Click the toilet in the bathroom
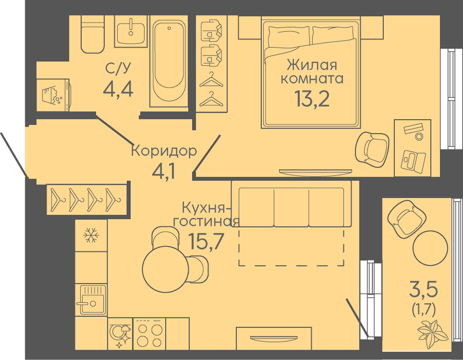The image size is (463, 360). click(92, 34)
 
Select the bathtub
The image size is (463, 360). click(169, 61)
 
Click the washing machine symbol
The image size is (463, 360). click(53, 95)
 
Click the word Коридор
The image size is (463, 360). click(164, 151)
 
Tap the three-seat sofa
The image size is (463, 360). click(291, 204)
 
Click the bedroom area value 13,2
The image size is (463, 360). click(311, 99)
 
